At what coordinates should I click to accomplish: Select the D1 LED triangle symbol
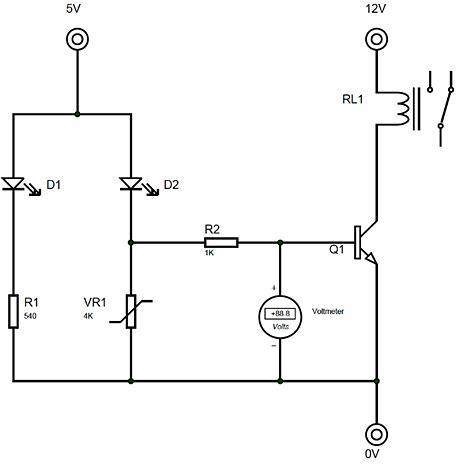click(x=13, y=184)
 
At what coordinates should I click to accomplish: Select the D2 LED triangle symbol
click(x=131, y=184)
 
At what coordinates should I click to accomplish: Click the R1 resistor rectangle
click(x=13, y=311)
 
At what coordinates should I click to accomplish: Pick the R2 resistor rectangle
click(x=221, y=243)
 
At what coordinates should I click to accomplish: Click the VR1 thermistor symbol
click(x=131, y=311)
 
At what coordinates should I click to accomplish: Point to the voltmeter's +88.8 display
click(x=280, y=314)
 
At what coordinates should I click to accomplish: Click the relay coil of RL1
click(x=402, y=109)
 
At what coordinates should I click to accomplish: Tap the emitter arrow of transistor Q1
click(x=371, y=257)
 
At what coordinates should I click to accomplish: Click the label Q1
click(x=336, y=249)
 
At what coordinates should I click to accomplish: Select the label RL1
click(x=352, y=99)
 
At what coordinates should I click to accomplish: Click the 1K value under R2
click(x=209, y=253)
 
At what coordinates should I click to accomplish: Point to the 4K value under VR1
click(x=88, y=316)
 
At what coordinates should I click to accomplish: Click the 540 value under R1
click(x=30, y=316)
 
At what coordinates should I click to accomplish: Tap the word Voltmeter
click(x=328, y=311)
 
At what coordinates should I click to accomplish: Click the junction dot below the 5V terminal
click(x=77, y=114)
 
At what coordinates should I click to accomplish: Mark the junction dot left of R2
click(x=131, y=243)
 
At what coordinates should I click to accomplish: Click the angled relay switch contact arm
click(x=446, y=108)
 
